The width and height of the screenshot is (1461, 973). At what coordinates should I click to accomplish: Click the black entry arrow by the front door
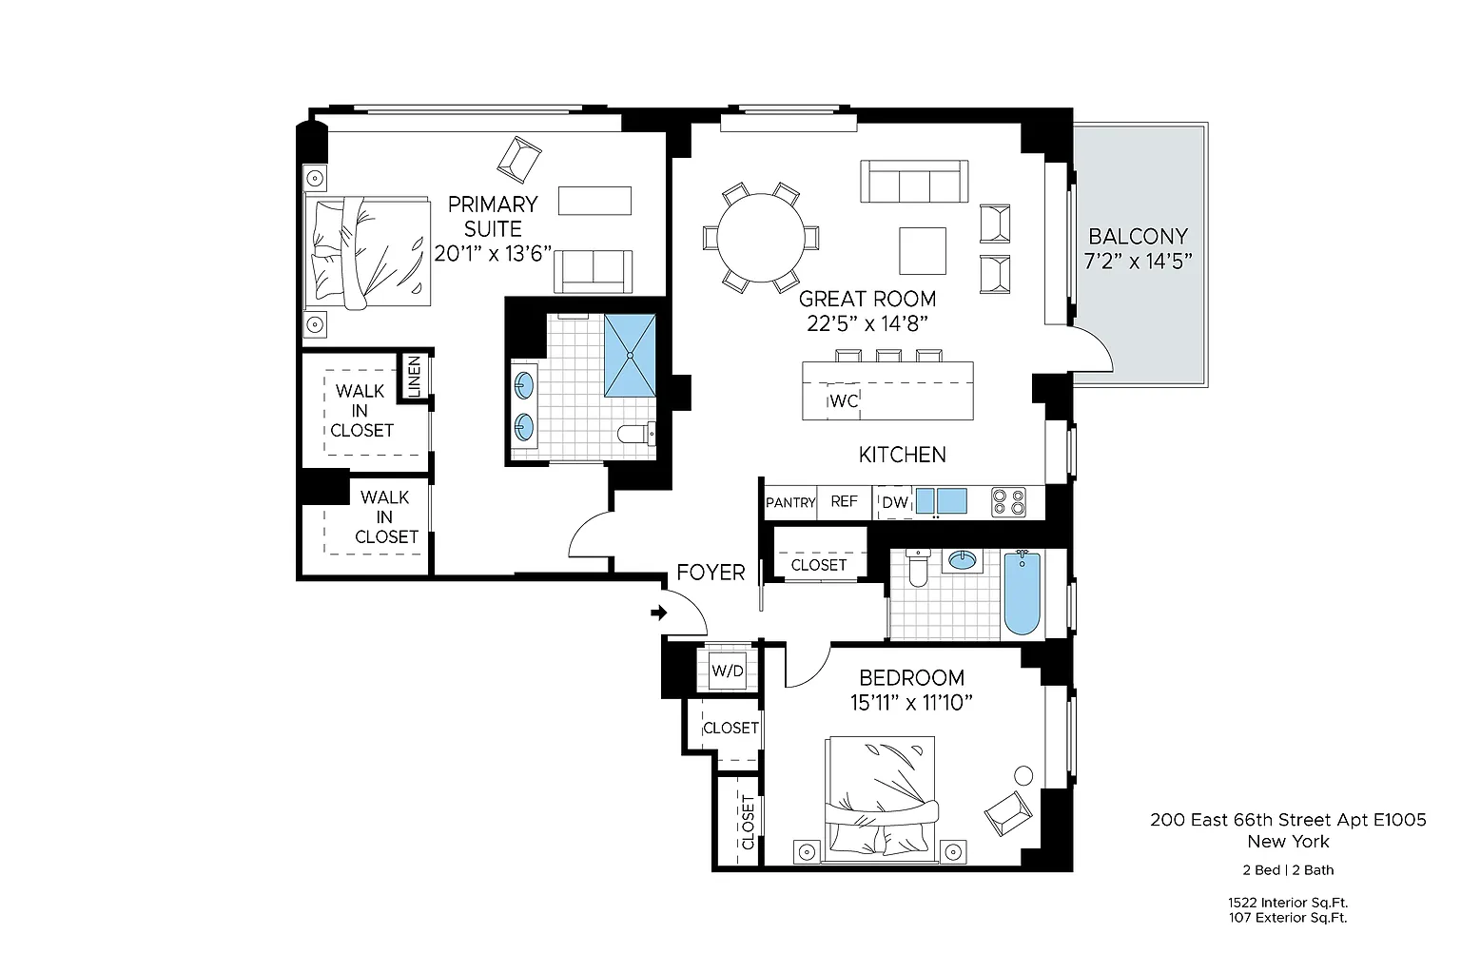coord(659,613)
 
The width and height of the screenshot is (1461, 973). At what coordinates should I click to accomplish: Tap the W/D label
coord(728,671)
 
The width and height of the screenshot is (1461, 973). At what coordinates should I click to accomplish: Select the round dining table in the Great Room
coord(761,238)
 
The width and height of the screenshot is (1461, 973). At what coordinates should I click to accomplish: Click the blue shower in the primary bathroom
coord(630,356)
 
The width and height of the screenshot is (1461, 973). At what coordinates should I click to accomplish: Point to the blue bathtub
coord(1023,593)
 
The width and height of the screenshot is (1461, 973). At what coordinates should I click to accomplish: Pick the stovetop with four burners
coord(1008,502)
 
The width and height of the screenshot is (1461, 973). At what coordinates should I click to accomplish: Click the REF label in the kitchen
coord(844,501)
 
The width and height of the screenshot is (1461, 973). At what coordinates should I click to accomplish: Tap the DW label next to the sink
coord(895,502)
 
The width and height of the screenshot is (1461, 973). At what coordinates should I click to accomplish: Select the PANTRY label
coord(790,502)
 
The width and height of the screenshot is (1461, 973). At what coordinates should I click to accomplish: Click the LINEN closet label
coord(414,377)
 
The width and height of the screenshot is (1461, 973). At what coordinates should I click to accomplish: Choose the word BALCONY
coord(1139,236)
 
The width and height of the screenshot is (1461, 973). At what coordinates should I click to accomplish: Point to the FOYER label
coord(711,572)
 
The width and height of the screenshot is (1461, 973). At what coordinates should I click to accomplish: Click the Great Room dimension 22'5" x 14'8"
coord(867,323)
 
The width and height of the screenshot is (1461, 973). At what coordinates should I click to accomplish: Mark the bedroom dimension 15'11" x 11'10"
coord(911,702)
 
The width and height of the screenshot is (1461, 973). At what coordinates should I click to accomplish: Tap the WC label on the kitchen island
coord(844,400)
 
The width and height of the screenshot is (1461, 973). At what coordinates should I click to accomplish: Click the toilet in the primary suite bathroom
coord(636,433)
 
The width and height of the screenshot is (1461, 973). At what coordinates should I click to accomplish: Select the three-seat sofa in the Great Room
coord(914,181)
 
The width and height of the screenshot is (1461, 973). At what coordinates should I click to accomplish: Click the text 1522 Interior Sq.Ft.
coord(1288,903)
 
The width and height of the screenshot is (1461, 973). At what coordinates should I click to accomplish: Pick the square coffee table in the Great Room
coord(923,250)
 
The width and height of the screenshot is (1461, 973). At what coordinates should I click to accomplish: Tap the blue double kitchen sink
coord(941,501)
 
